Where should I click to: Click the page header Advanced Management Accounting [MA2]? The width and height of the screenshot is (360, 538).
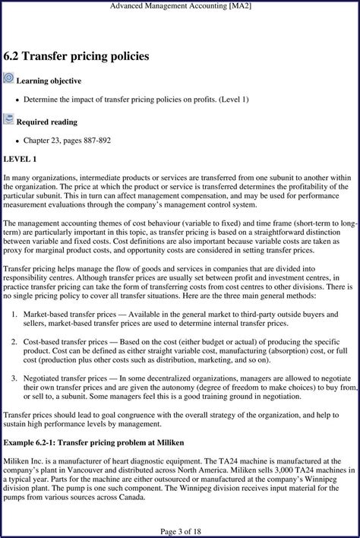pyautogui.click(x=180, y=5)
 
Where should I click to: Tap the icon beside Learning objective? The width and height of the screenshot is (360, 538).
pyautogui.click(x=8, y=78)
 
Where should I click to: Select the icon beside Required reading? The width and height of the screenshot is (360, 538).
pyautogui.click(x=8, y=119)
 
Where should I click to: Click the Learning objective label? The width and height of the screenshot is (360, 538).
pyautogui.click(x=49, y=81)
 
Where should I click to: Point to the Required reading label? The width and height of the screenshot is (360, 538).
pyautogui.click(x=46, y=122)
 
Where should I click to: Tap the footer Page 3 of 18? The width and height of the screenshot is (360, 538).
pyautogui.click(x=180, y=530)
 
